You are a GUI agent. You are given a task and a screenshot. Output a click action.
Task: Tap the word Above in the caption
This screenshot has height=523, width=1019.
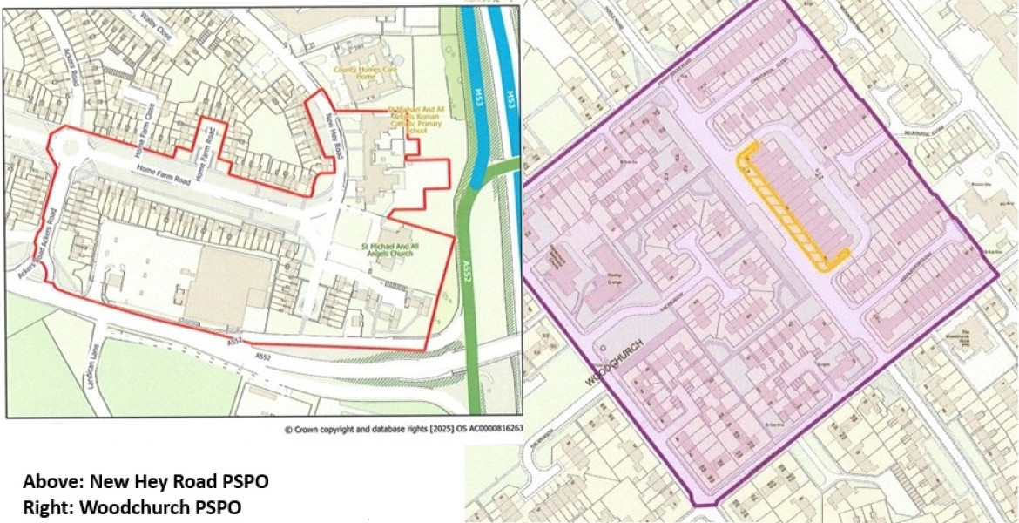45,482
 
